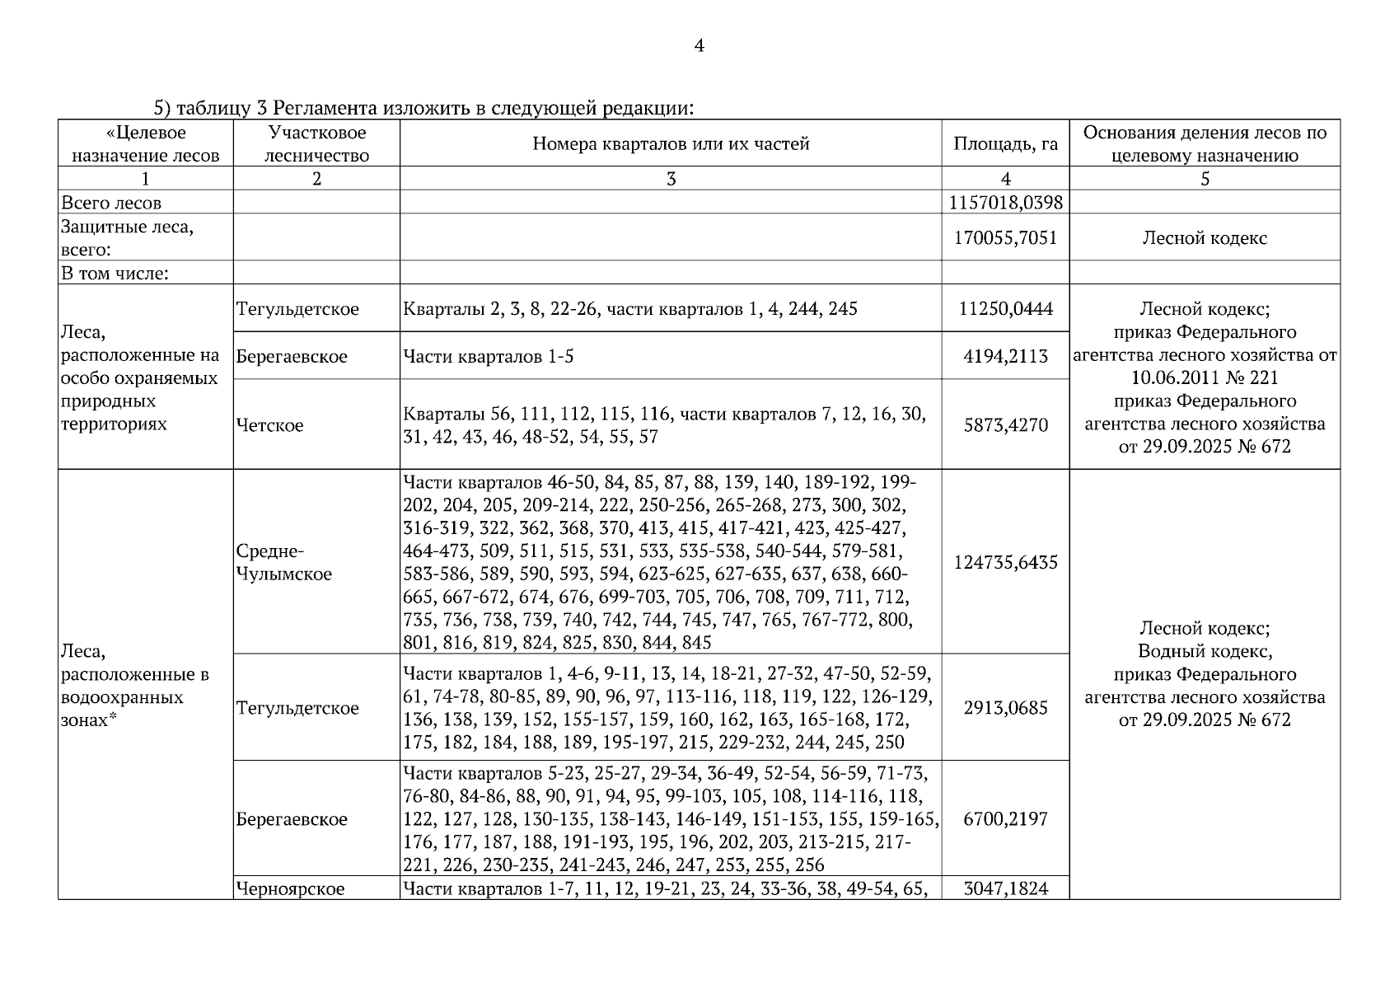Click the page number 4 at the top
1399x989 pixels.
pos(699,46)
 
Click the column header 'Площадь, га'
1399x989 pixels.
pos(1005,144)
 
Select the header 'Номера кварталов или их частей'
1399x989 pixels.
pos(671,144)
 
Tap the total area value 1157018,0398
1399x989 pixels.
pos(1005,203)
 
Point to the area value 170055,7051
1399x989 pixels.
pos(1005,238)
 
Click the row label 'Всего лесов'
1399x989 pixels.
pos(111,203)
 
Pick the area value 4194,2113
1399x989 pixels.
pos(1005,357)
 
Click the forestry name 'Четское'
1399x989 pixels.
pos(269,425)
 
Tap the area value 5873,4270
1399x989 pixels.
pos(1005,425)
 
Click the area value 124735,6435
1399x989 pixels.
pos(1005,562)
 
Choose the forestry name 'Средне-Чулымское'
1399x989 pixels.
pos(283,562)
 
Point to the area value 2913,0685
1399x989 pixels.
pos(1005,708)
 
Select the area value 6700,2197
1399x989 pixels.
pos(1005,818)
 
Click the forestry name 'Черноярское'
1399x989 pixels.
pos(290,888)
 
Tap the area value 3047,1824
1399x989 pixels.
pos(1005,888)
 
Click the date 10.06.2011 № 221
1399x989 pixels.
pos(1205,378)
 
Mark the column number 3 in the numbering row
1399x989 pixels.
pos(671,179)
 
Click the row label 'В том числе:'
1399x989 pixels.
pos(115,274)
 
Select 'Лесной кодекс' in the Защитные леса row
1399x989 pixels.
pos(1205,238)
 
